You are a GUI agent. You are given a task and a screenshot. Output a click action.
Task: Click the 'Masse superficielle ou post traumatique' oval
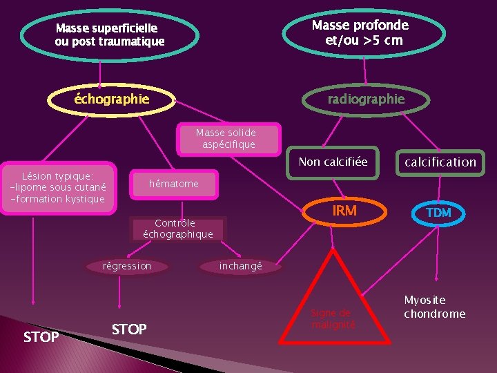pos(110,35)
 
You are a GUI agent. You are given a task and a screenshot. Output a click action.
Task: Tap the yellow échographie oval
pos(111,99)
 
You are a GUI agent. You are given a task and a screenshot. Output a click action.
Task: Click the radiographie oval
pos(366,99)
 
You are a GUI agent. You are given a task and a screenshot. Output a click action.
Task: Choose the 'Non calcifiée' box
pos(333,163)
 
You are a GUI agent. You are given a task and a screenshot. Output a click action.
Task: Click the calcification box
pos(440,163)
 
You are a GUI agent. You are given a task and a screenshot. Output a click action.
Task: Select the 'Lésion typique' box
pos(58,188)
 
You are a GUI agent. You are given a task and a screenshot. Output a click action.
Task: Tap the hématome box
pos(174,184)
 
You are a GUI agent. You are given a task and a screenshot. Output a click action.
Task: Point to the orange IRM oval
pos(344,211)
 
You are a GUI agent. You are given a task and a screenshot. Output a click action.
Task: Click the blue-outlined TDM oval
pos(438,213)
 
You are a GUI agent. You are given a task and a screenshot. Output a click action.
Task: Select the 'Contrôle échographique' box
pos(178,229)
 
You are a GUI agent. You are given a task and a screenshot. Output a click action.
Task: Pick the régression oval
pos(126,266)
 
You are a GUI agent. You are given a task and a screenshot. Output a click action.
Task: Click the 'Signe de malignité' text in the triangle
pos(333,318)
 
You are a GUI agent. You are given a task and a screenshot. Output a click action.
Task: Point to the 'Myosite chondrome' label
pos(434,307)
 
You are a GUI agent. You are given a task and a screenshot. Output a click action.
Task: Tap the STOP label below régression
pos(129,329)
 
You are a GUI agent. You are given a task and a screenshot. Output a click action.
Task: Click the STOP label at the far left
pos(41,337)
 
